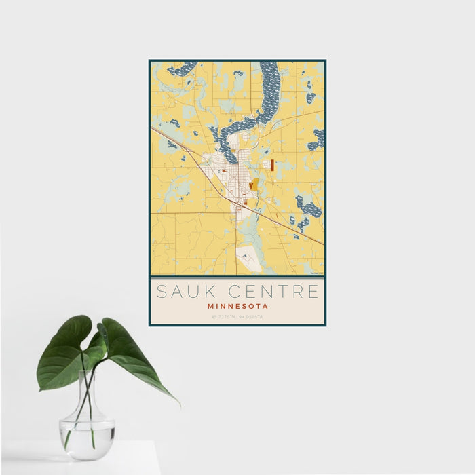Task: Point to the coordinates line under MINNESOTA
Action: [x=237, y=316]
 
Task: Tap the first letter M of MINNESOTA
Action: [x=212, y=306]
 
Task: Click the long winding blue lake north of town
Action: [x=267, y=95]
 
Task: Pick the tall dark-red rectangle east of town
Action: [x=271, y=165]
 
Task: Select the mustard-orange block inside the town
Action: [x=253, y=184]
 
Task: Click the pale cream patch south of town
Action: [x=248, y=258]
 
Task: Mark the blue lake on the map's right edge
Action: [x=317, y=139]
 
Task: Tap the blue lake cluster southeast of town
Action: [x=307, y=208]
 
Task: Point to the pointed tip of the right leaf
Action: [x=179, y=405]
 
